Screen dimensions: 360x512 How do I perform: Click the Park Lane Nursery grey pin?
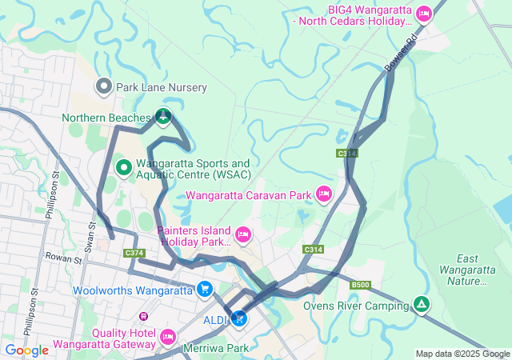[x=103, y=86]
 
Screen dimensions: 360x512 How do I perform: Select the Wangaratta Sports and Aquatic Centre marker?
[x=124, y=168]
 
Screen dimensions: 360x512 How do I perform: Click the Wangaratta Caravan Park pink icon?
[x=324, y=194]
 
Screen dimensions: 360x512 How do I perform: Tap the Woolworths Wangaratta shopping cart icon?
[x=206, y=290]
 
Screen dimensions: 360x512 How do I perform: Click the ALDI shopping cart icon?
[x=238, y=319]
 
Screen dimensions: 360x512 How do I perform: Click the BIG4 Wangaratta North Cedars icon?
[x=424, y=13]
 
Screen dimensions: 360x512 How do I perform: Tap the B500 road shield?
[x=360, y=285]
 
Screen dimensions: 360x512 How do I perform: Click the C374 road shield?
[x=134, y=253]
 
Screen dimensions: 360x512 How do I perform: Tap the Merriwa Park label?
[x=216, y=348]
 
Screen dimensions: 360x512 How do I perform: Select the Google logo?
[x=26, y=350]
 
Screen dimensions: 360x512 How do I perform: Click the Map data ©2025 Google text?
[x=462, y=354]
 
